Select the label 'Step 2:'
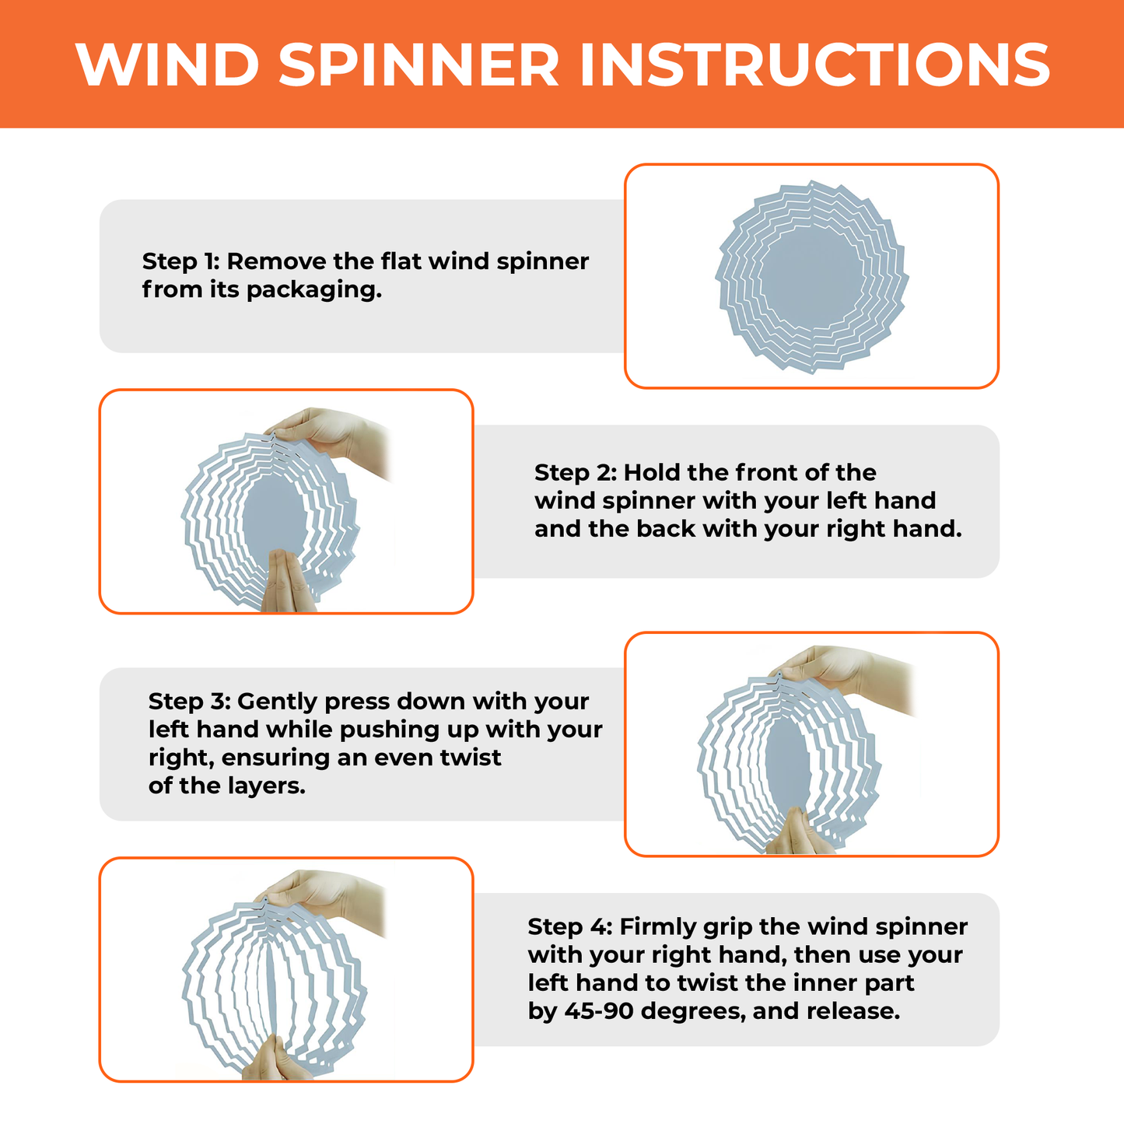(575, 473)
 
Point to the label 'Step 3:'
(189, 702)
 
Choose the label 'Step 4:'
(569, 927)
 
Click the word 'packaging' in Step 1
(313, 290)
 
